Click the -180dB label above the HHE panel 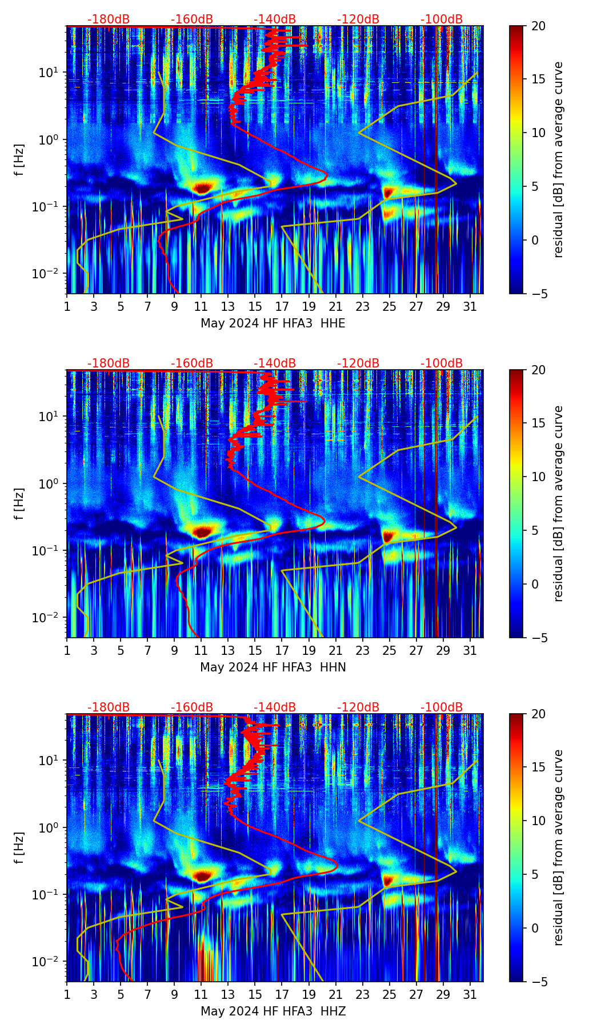[109, 19]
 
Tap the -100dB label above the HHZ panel [442, 707]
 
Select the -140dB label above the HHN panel [275, 363]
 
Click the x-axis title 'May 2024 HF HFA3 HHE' [273, 323]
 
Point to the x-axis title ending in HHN [273, 667]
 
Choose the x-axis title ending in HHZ [273, 1011]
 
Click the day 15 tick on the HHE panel [255, 306]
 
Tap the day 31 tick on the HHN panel [470, 650]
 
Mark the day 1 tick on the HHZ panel [67, 994]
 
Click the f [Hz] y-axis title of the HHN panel [19, 503]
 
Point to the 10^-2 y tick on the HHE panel [48, 274]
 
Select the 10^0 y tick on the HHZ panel [49, 827]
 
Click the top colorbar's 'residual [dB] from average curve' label [558, 159]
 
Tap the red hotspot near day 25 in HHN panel [388, 537]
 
